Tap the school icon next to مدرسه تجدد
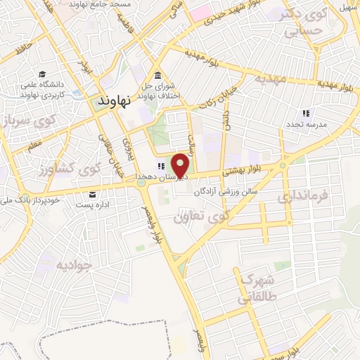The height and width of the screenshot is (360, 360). tap(305, 112)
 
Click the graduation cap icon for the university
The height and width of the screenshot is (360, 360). tap(43, 75)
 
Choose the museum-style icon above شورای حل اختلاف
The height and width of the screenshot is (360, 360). tap(157, 76)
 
